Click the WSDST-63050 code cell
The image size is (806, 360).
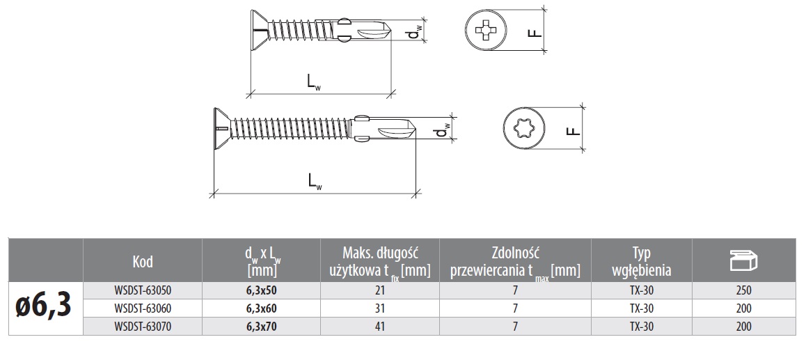(142, 290)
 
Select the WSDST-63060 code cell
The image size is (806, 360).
(142, 308)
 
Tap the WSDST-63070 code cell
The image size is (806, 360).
(142, 325)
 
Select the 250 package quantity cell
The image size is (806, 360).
(743, 290)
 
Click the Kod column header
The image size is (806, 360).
(142, 261)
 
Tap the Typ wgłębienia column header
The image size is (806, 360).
(640, 261)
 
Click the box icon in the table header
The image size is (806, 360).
(743, 260)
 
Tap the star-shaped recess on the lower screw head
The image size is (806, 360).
(520, 130)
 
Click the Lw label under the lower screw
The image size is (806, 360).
(315, 180)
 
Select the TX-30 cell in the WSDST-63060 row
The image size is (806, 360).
(640, 308)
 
